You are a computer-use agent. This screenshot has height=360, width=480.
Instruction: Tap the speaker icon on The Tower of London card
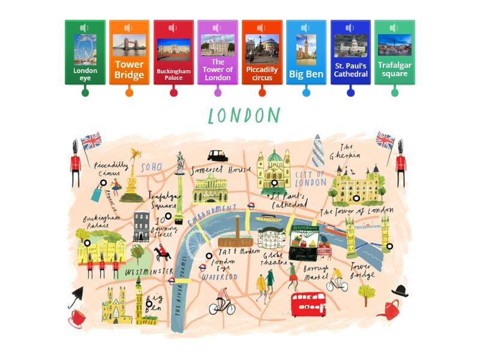[x=217, y=28]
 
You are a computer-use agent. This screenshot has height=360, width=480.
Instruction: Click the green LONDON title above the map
[x=244, y=116]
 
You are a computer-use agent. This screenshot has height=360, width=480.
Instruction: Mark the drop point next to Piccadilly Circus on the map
[x=103, y=183]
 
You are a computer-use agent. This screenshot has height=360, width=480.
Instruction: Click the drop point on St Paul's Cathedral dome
[x=274, y=183]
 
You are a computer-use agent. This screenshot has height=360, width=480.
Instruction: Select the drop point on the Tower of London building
[x=356, y=198]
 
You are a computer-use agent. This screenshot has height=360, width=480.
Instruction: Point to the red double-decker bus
[x=308, y=304]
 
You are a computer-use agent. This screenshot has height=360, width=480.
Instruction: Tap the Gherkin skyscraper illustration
[x=317, y=150]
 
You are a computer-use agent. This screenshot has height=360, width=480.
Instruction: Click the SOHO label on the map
[x=151, y=167]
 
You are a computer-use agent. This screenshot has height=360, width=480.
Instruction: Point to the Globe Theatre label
[x=273, y=259]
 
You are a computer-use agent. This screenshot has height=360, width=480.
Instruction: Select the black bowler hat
[x=400, y=291]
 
